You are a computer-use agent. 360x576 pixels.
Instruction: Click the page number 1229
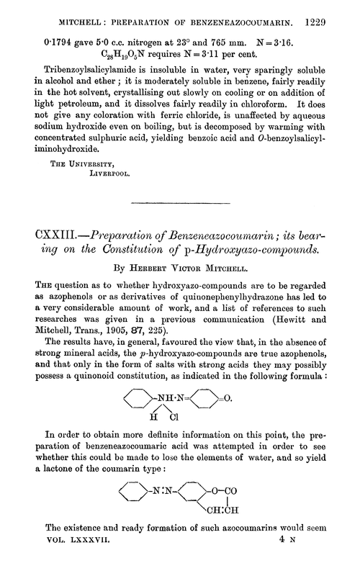coord(335,14)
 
